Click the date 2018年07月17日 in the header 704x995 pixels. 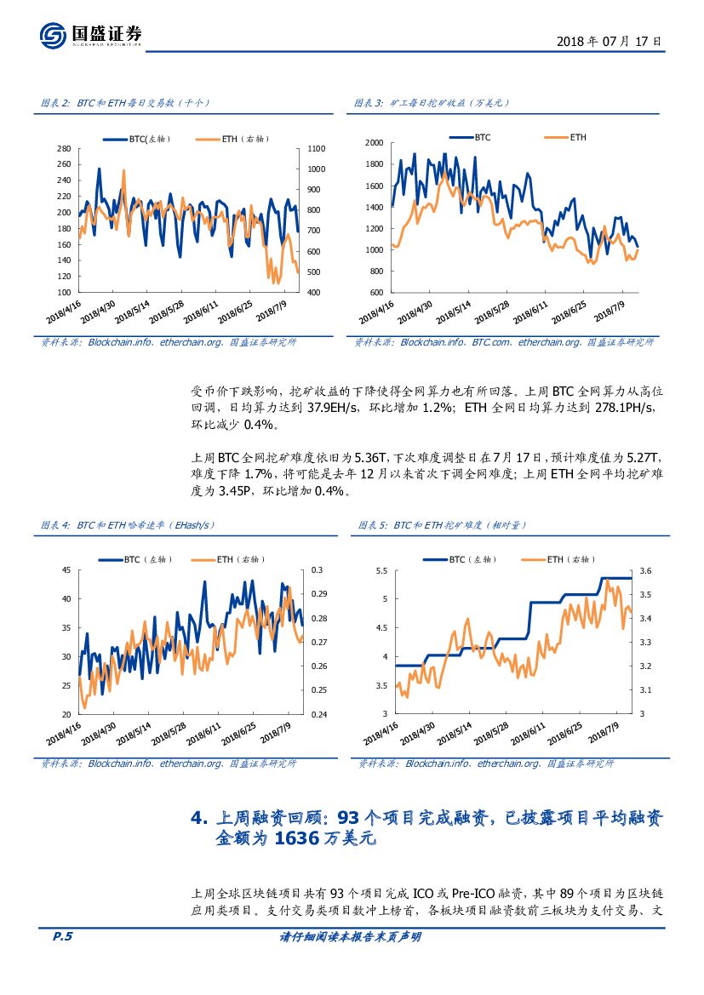coord(608,41)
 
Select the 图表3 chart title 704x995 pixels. coord(432,103)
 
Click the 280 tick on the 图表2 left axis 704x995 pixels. coord(63,148)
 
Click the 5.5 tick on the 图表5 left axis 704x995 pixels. coord(381,570)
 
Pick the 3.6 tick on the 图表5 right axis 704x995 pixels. coord(644,570)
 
